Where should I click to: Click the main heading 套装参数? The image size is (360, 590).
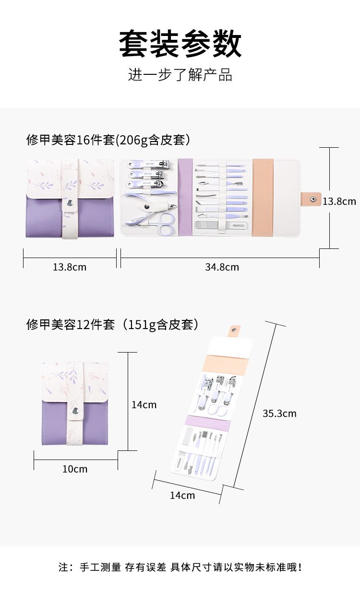[x=180, y=44]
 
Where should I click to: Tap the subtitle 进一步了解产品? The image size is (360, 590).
[x=180, y=74]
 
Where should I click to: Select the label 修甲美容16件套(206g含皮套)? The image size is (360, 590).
[x=108, y=140]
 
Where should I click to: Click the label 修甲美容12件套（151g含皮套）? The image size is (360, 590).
[x=112, y=324]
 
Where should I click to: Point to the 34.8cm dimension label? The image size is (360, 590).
[x=222, y=267]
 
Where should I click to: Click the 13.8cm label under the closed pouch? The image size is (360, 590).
[x=70, y=267]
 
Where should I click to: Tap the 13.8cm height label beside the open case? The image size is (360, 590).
[x=339, y=201]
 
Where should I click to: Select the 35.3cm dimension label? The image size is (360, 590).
[x=279, y=413]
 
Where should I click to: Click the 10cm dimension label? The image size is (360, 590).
[x=75, y=469]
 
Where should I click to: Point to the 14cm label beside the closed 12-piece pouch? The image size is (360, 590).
[x=144, y=404]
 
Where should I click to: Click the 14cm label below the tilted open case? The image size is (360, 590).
[x=182, y=496]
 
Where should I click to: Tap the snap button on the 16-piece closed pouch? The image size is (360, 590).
[x=70, y=203]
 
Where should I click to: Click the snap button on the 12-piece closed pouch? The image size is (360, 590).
[x=75, y=411]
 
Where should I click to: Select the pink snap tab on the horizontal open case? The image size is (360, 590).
[x=311, y=199]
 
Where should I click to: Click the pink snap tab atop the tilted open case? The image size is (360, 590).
[x=234, y=331]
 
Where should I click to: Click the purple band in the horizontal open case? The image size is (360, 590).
[x=185, y=197]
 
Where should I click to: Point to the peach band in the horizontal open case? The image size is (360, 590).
[x=263, y=197]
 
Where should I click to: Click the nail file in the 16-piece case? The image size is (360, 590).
[x=222, y=225]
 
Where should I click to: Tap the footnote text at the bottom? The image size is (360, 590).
[x=180, y=567]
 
